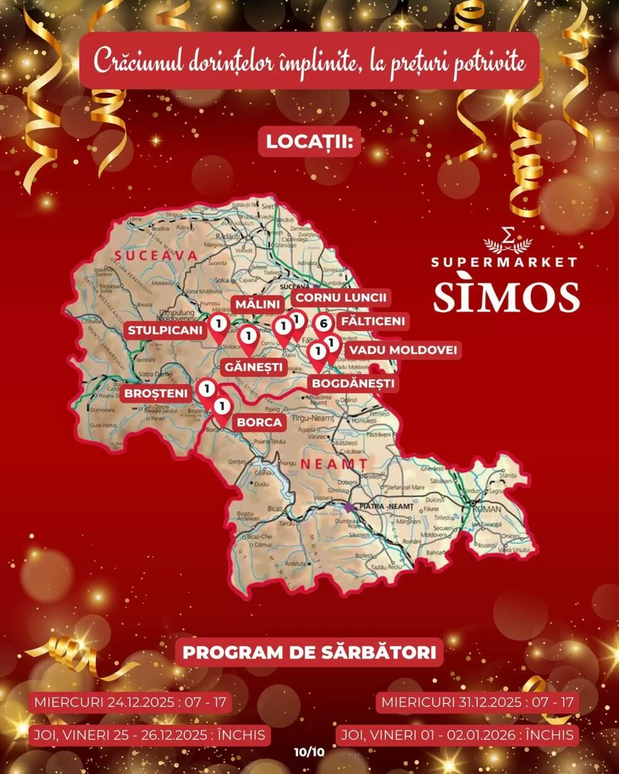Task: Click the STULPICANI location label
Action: (165, 330)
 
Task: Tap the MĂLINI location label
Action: (258, 304)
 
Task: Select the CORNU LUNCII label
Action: (340, 297)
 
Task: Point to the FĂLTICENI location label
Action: (373, 321)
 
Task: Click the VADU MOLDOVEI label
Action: (402, 350)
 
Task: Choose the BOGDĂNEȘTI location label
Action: (353, 383)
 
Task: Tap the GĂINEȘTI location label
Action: (253, 367)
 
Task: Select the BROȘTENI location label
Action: (156, 393)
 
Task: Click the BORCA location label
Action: (260, 422)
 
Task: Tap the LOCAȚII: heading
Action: (309, 141)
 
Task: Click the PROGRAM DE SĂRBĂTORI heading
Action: (309, 652)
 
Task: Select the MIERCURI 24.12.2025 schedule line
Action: (130, 703)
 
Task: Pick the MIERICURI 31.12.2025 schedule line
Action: (477, 703)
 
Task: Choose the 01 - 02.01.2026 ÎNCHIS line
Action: (457, 735)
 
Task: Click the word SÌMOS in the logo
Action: (506, 297)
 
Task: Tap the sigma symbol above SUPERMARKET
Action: (508, 235)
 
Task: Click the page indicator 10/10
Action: (309, 752)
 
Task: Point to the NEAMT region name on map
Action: (333, 463)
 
